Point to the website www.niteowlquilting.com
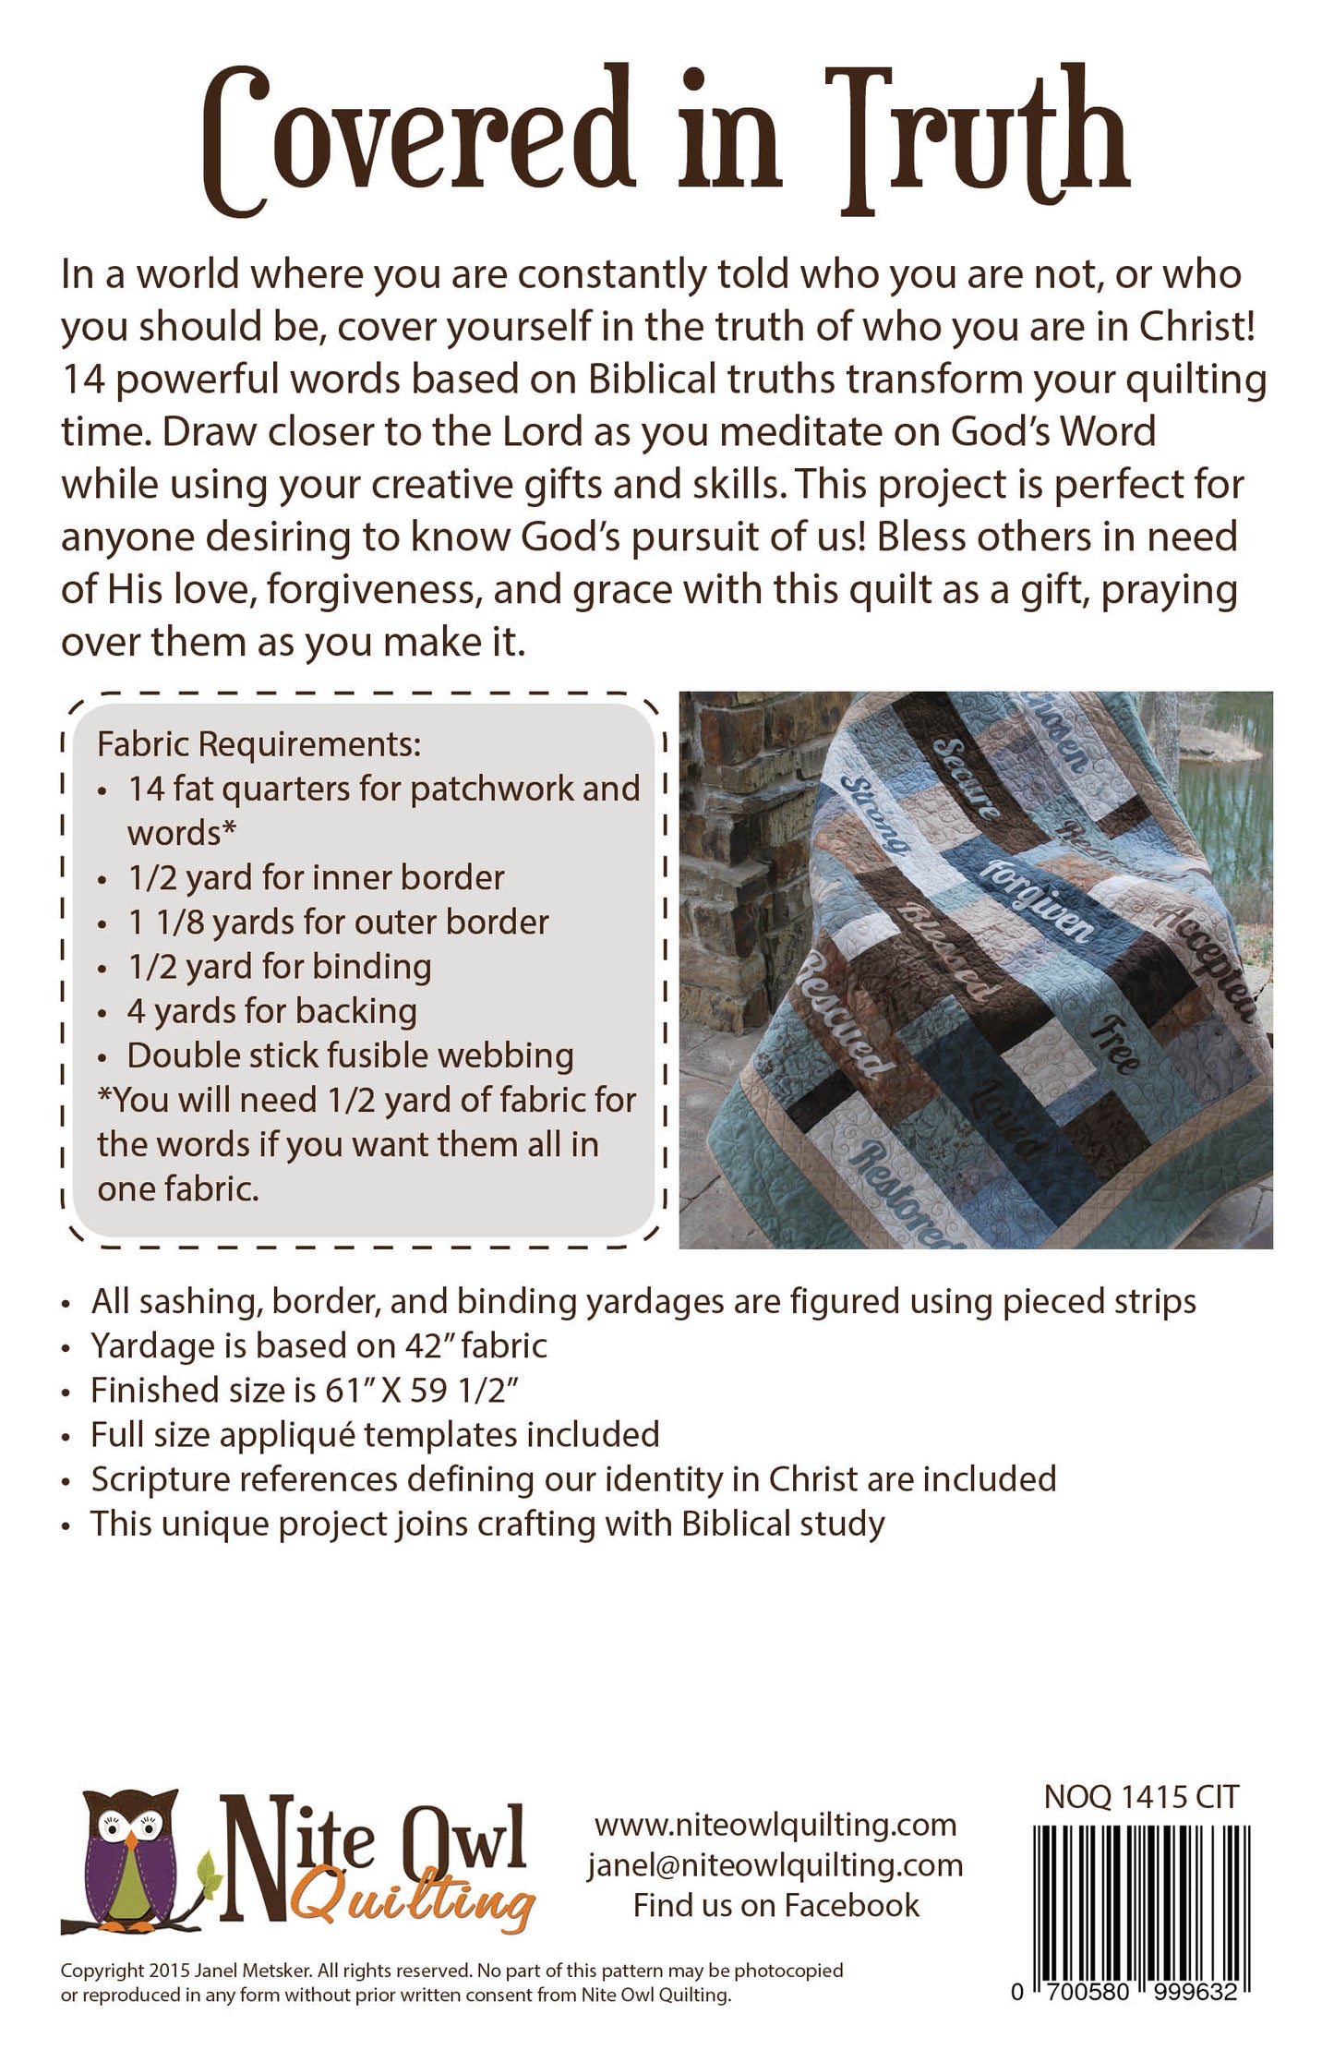point(775,1825)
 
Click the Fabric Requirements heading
point(258,744)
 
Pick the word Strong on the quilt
point(876,813)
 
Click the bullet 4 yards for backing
point(271,1011)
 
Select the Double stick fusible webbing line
point(350,1055)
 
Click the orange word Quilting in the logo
point(415,1905)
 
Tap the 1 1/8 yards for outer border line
point(338,922)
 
